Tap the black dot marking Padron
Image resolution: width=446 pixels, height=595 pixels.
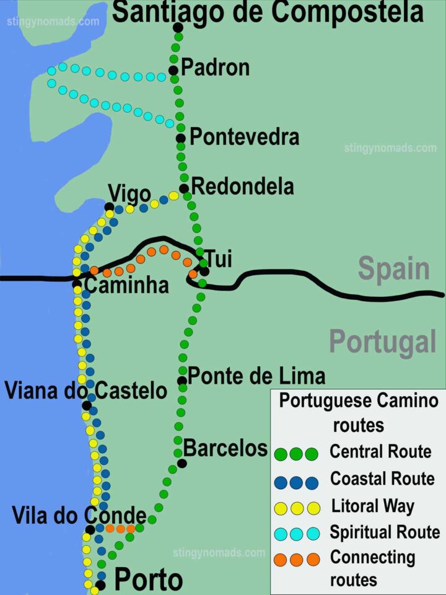coord(173,70)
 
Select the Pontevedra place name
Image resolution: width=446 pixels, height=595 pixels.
coord(244,137)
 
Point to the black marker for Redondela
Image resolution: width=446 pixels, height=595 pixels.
coord(183,188)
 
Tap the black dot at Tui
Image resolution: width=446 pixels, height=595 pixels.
coord(204,271)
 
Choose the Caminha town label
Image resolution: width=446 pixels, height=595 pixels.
coord(126,285)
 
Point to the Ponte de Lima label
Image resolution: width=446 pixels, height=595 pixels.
coord(256,376)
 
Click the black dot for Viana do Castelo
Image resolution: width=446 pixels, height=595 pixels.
coord(87,406)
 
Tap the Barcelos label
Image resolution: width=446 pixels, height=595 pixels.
coord(225,447)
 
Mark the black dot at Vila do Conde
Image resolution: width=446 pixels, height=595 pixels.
coord(90,529)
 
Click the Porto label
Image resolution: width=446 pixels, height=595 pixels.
coord(149,580)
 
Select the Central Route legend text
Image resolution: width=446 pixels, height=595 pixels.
coord(380,451)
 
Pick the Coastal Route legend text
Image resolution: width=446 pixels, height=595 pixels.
coord(382,478)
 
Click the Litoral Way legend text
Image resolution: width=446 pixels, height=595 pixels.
coord(373,506)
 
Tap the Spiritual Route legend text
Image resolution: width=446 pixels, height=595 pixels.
coord(385,532)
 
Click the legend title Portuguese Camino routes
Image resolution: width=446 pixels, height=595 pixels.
coord(358,413)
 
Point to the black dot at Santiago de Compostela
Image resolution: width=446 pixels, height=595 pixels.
coord(178,27)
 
